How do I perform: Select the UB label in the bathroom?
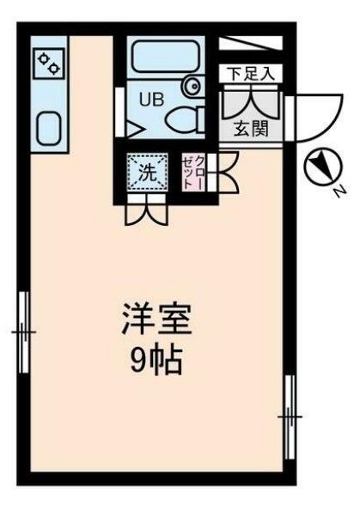click(151, 98)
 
